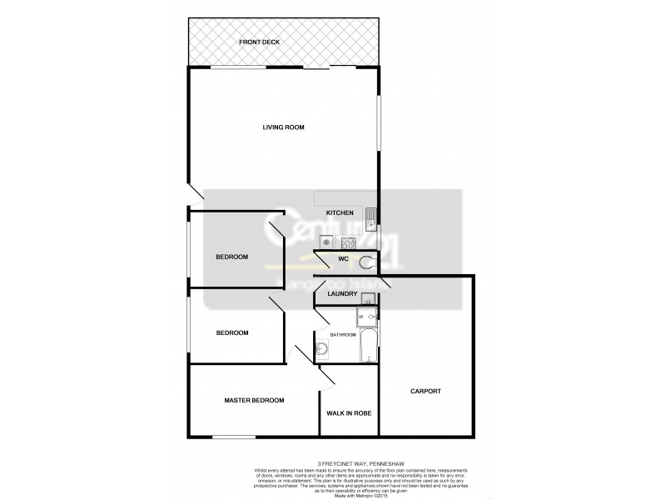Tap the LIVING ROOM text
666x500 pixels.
(283, 127)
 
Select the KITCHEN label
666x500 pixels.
(339, 213)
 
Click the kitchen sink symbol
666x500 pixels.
(372, 219)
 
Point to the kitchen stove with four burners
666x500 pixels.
(348, 242)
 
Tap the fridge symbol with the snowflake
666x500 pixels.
(326, 242)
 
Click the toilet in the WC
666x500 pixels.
(368, 263)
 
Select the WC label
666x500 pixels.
(342, 259)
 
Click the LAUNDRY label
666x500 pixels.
(342, 293)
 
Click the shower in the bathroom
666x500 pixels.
(366, 317)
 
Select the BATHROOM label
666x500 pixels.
(344, 334)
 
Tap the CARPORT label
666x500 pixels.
(425, 391)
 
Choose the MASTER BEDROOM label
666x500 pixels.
(254, 401)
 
